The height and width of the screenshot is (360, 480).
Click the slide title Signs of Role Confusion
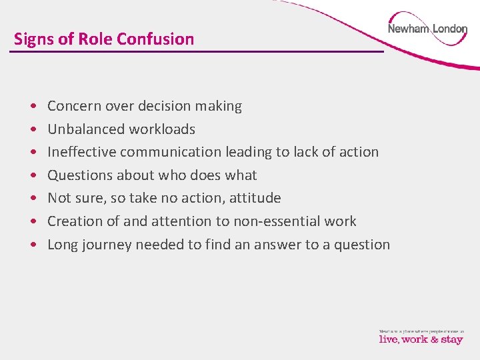click(x=104, y=39)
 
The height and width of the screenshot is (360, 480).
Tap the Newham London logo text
click(x=427, y=29)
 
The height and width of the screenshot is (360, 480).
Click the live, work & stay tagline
click(x=421, y=339)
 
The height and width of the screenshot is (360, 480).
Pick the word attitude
click(x=255, y=198)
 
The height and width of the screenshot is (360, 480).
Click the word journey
click(x=107, y=245)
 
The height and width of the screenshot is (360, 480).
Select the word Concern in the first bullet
click(x=74, y=106)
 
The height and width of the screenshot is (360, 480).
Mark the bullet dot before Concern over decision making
click(x=33, y=107)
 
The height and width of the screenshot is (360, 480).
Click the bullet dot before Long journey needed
click(x=33, y=245)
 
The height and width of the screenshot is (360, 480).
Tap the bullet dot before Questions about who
click(x=33, y=176)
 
